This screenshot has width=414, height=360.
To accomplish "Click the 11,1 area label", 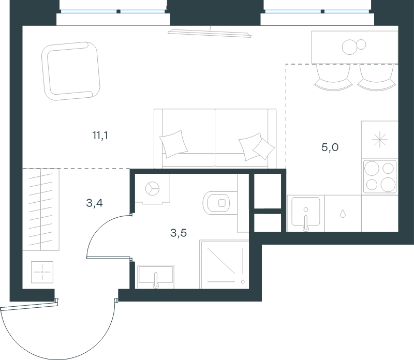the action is point(100,136).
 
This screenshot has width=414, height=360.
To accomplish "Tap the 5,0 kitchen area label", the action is point(330,147).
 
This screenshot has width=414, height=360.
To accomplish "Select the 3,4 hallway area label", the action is point(94,203).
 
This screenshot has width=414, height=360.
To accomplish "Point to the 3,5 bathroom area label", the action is point(179,233).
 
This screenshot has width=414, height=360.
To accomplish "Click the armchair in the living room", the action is point(71,71).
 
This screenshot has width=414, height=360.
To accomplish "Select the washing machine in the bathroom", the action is point(152,189).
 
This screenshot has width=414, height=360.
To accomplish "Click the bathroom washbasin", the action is point(156,277).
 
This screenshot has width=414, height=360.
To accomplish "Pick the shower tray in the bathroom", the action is point(224,264).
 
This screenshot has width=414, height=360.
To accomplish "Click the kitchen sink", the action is point(305,213).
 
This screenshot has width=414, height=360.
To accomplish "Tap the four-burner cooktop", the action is point(380,176).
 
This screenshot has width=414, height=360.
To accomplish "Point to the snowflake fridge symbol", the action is point(380,139).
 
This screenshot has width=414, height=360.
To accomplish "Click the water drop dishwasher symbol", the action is point(343,214).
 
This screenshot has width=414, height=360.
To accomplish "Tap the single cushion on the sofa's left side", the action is point(174,144).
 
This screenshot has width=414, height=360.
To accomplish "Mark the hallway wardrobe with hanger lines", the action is point(41,209).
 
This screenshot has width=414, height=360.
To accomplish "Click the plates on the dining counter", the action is point(354,47).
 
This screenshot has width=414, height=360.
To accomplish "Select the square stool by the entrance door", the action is point(42,272).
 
